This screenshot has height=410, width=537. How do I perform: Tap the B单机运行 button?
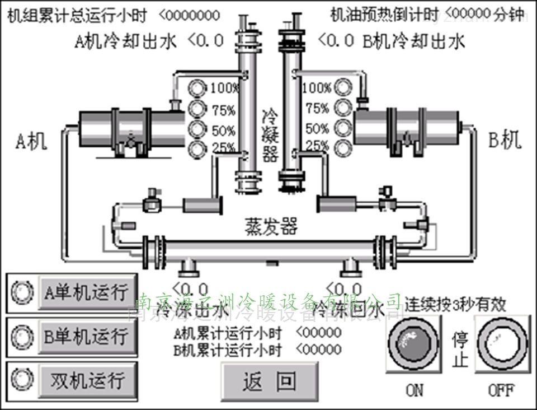pos(86,337)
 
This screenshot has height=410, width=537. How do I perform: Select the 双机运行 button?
pos(87,380)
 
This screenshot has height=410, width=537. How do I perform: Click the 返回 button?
pos(270,381)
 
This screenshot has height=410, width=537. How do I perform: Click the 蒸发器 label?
pos(271,226)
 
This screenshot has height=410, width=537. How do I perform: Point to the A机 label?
pos(31,141)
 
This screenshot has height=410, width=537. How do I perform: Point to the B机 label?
pos(505,140)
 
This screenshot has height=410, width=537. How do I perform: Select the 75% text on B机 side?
pos(317,109)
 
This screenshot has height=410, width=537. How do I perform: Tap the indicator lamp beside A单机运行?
pos(22,292)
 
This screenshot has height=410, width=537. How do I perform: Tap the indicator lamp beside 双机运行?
pos(22,379)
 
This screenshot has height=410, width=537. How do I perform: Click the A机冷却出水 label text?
pos(126,41)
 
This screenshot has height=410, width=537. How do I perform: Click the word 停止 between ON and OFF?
pos(460,349)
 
